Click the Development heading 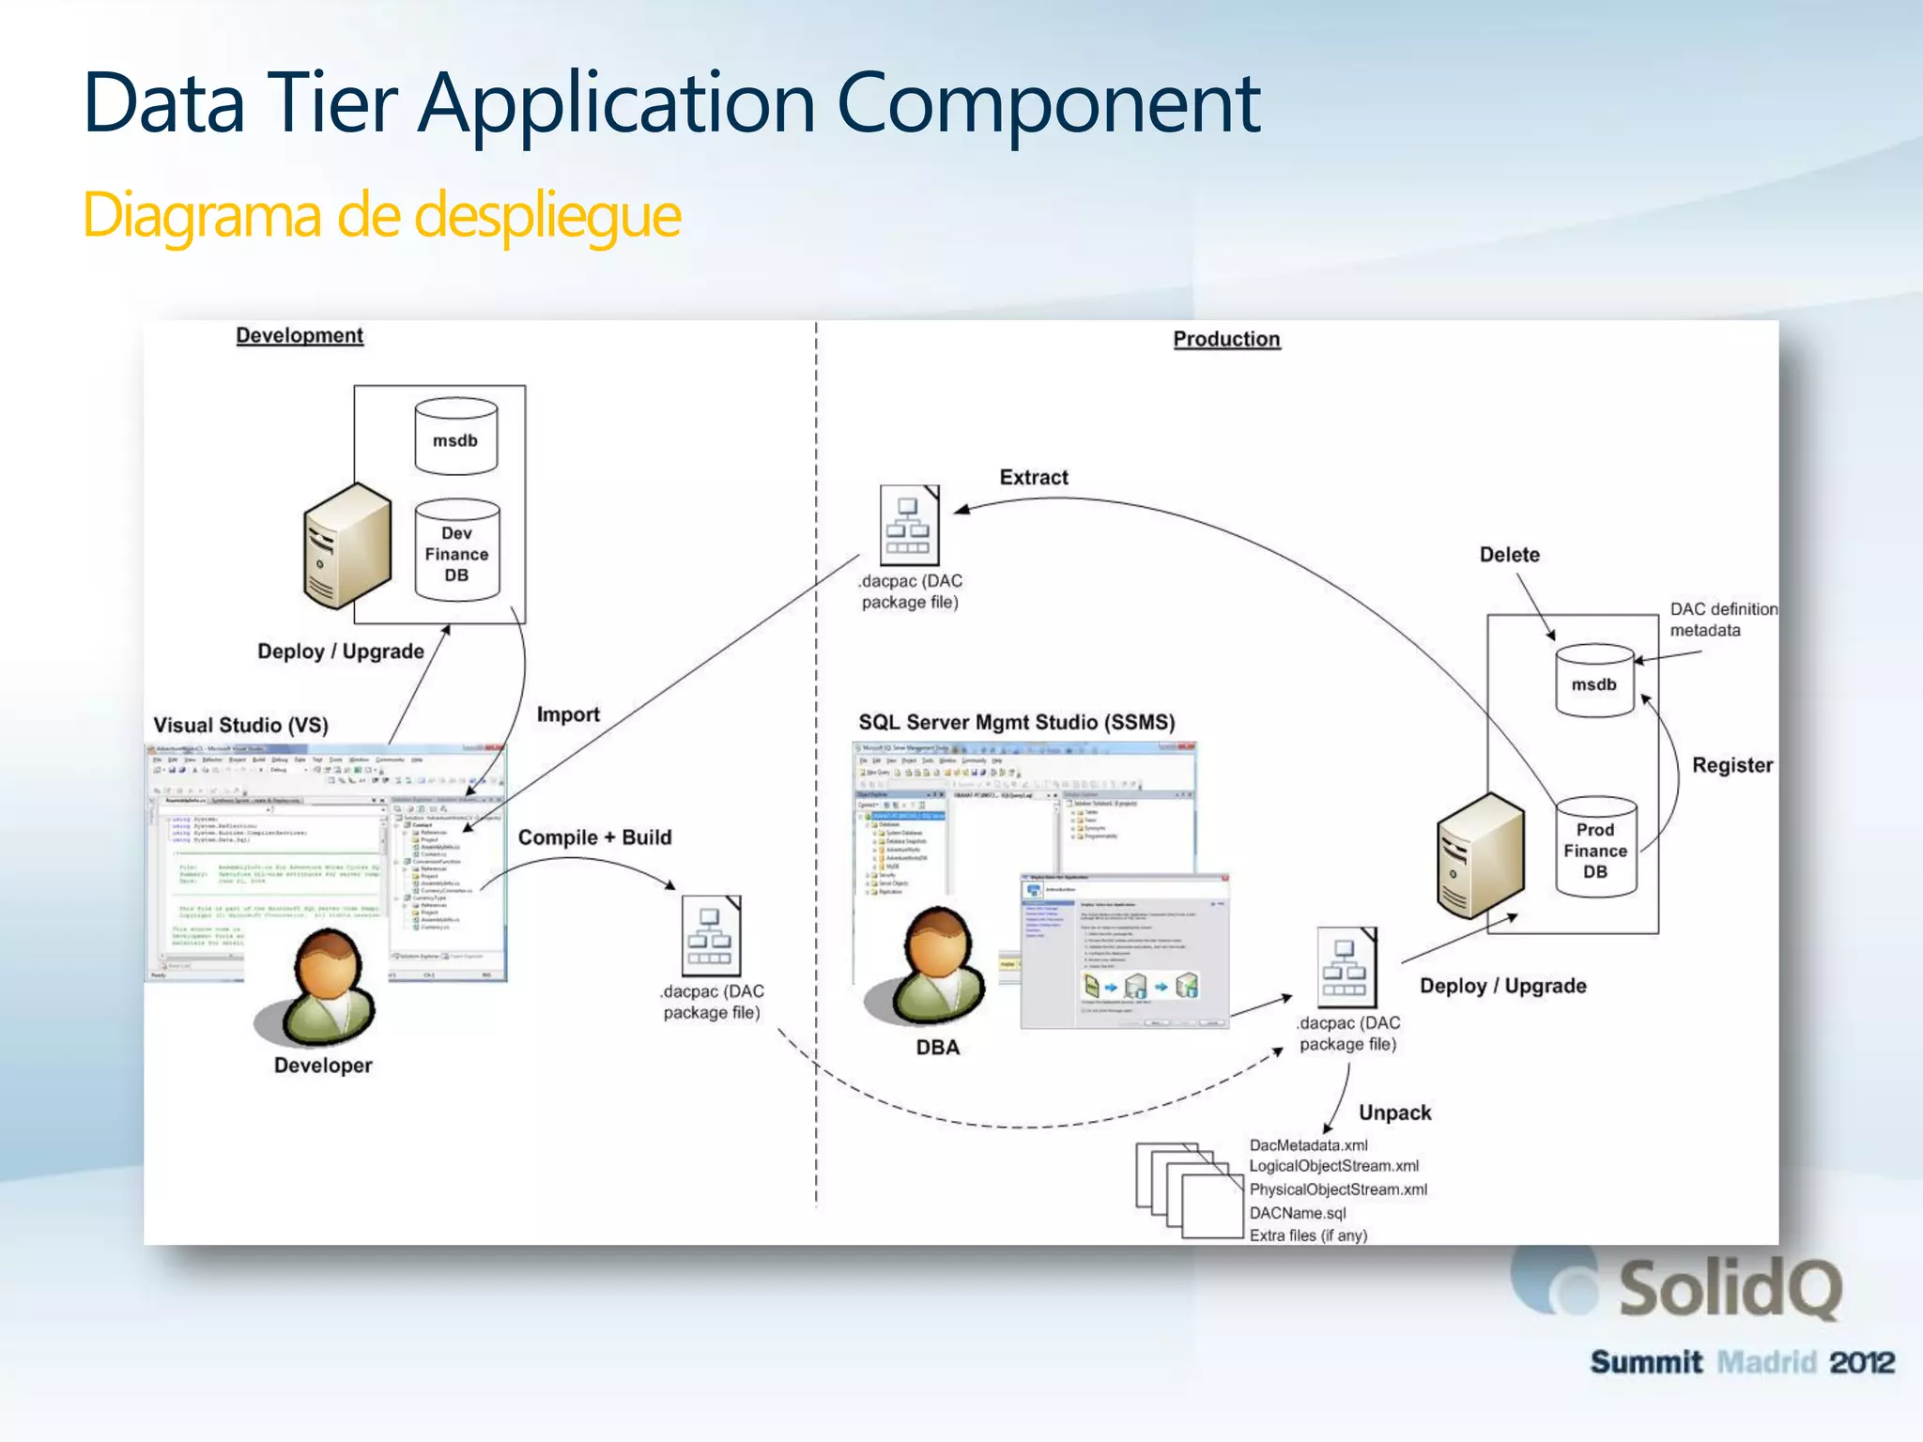pyautogui.click(x=299, y=335)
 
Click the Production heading pyautogui.click(x=1225, y=339)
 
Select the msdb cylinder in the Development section pyautogui.click(x=455, y=437)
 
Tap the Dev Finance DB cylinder pyautogui.click(x=456, y=551)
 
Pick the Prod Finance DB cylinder pyautogui.click(x=1595, y=848)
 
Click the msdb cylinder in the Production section pyautogui.click(x=1594, y=682)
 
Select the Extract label pyautogui.click(x=1033, y=477)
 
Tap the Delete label pyautogui.click(x=1509, y=555)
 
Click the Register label pyautogui.click(x=1731, y=765)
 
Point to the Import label pyautogui.click(x=568, y=714)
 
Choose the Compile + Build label pyautogui.click(x=594, y=837)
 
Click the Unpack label pyautogui.click(x=1394, y=1112)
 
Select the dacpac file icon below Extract pyautogui.click(x=908, y=526)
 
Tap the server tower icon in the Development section pyautogui.click(x=346, y=545)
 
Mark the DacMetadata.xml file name pyautogui.click(x=1308, y=1145)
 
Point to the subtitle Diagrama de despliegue pyautogui.click(x=381, y=215)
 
